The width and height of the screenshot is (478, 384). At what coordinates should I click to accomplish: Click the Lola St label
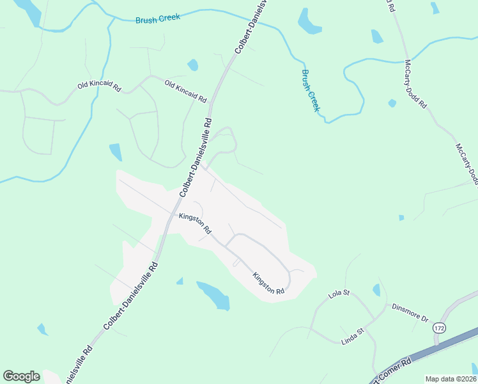coord(339,294)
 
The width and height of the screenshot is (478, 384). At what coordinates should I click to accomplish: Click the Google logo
coord(21,376)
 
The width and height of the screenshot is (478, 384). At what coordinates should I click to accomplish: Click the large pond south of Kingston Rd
coord(213,294)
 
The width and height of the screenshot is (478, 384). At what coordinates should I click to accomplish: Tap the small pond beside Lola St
coord(376,291)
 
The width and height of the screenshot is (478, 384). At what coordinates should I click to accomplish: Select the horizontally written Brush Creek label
coord(158,19)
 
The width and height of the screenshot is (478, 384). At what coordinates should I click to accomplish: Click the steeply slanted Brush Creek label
coord(310,90)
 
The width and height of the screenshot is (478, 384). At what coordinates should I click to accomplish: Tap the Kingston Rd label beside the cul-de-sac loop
coord(268,284)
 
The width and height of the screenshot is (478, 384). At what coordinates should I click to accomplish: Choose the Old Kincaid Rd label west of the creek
coord(99,85)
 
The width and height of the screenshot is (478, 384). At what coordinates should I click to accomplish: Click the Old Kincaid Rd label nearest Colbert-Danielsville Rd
coord(185,92)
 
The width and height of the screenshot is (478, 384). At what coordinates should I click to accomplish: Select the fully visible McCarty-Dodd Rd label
coord(415,84)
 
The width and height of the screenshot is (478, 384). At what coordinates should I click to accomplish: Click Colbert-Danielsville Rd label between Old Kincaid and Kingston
coord(196,157)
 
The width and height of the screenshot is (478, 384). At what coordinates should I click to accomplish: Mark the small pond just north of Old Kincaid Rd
coord(192,65)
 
